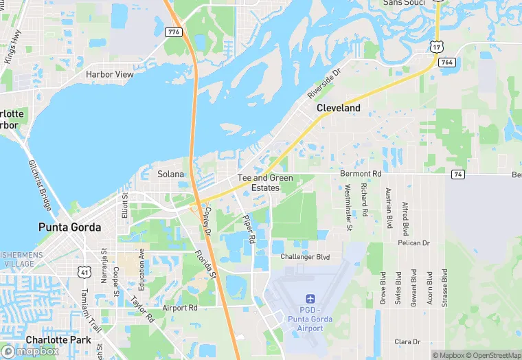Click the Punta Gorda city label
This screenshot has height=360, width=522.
69,227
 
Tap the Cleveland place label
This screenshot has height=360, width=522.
338,109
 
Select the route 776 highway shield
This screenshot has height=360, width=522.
173,32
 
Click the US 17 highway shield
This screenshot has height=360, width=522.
436,46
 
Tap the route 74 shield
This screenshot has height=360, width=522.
457,175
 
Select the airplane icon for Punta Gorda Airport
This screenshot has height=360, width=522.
310,300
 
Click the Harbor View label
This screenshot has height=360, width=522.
110,74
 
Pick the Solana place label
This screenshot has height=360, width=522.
171,175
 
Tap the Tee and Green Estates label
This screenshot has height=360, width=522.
265,183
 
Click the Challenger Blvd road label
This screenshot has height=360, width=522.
305,257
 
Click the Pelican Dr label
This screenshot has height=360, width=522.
413,243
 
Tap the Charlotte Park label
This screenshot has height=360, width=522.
58,339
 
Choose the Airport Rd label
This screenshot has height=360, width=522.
180,308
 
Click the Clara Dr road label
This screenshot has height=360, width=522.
407,341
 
